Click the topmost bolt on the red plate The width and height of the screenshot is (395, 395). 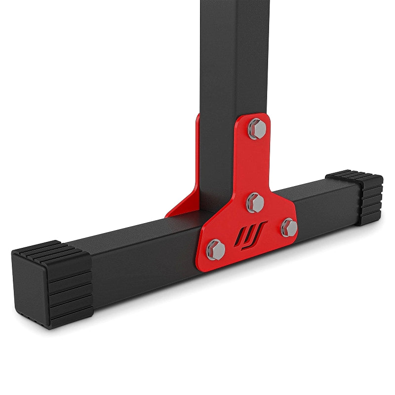tap(257, 129)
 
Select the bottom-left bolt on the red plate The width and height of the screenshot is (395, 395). tap(216, 248)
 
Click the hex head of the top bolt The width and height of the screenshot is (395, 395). tap(257, 129)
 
